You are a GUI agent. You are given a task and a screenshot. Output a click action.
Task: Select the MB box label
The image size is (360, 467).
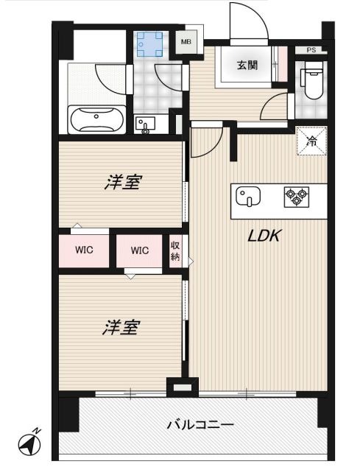186,43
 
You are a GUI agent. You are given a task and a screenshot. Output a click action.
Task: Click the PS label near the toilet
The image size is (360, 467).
311,51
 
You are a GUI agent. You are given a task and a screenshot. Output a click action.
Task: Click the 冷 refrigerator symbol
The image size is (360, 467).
311,141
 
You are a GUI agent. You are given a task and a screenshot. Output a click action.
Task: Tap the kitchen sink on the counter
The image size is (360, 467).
249,198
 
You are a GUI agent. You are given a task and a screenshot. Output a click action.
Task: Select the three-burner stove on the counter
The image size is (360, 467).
297,197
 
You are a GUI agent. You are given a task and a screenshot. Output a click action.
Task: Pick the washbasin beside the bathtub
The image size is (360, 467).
145,125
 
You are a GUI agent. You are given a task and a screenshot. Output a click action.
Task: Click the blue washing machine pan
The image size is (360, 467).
149,45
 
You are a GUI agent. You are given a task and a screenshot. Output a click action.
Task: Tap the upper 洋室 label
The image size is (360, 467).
121,183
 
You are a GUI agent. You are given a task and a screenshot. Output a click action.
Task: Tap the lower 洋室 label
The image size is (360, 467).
120,328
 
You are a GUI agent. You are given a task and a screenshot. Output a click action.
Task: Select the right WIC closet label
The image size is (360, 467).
140,250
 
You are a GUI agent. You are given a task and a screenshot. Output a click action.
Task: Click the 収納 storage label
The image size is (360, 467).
175,251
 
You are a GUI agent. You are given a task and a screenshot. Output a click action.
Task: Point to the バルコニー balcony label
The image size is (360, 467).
200,425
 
